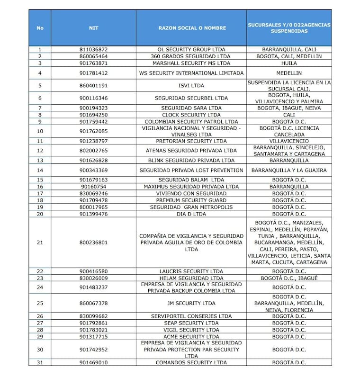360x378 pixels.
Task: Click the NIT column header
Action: [93, 28]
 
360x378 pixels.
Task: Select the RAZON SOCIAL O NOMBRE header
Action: [192, 28]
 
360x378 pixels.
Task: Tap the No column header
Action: [40, 28]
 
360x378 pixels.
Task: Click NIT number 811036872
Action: [93, 49]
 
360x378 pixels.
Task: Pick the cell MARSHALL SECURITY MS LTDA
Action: [192, 63]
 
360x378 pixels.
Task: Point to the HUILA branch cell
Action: [288, 63]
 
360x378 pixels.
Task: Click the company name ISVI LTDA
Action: [192, 86]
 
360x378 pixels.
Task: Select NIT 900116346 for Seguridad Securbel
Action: [93, 98]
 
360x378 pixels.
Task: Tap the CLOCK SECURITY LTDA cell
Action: [192, 115]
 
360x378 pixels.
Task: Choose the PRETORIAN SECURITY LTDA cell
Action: [192, 141]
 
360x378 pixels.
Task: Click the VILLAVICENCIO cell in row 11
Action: [288, 141]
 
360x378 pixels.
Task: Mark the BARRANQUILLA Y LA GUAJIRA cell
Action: [288, 170]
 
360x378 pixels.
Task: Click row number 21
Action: [40, 243]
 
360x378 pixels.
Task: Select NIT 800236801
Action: [93, 243]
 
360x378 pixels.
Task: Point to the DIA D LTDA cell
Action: [192, 214]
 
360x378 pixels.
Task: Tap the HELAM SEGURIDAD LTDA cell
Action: [192, 278]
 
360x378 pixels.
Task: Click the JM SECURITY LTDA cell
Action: [192, 303]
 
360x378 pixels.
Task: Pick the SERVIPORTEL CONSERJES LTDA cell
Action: [192, 316]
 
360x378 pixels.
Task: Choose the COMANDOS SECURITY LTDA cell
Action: [192, 362]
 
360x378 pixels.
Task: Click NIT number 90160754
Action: [93, 187]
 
